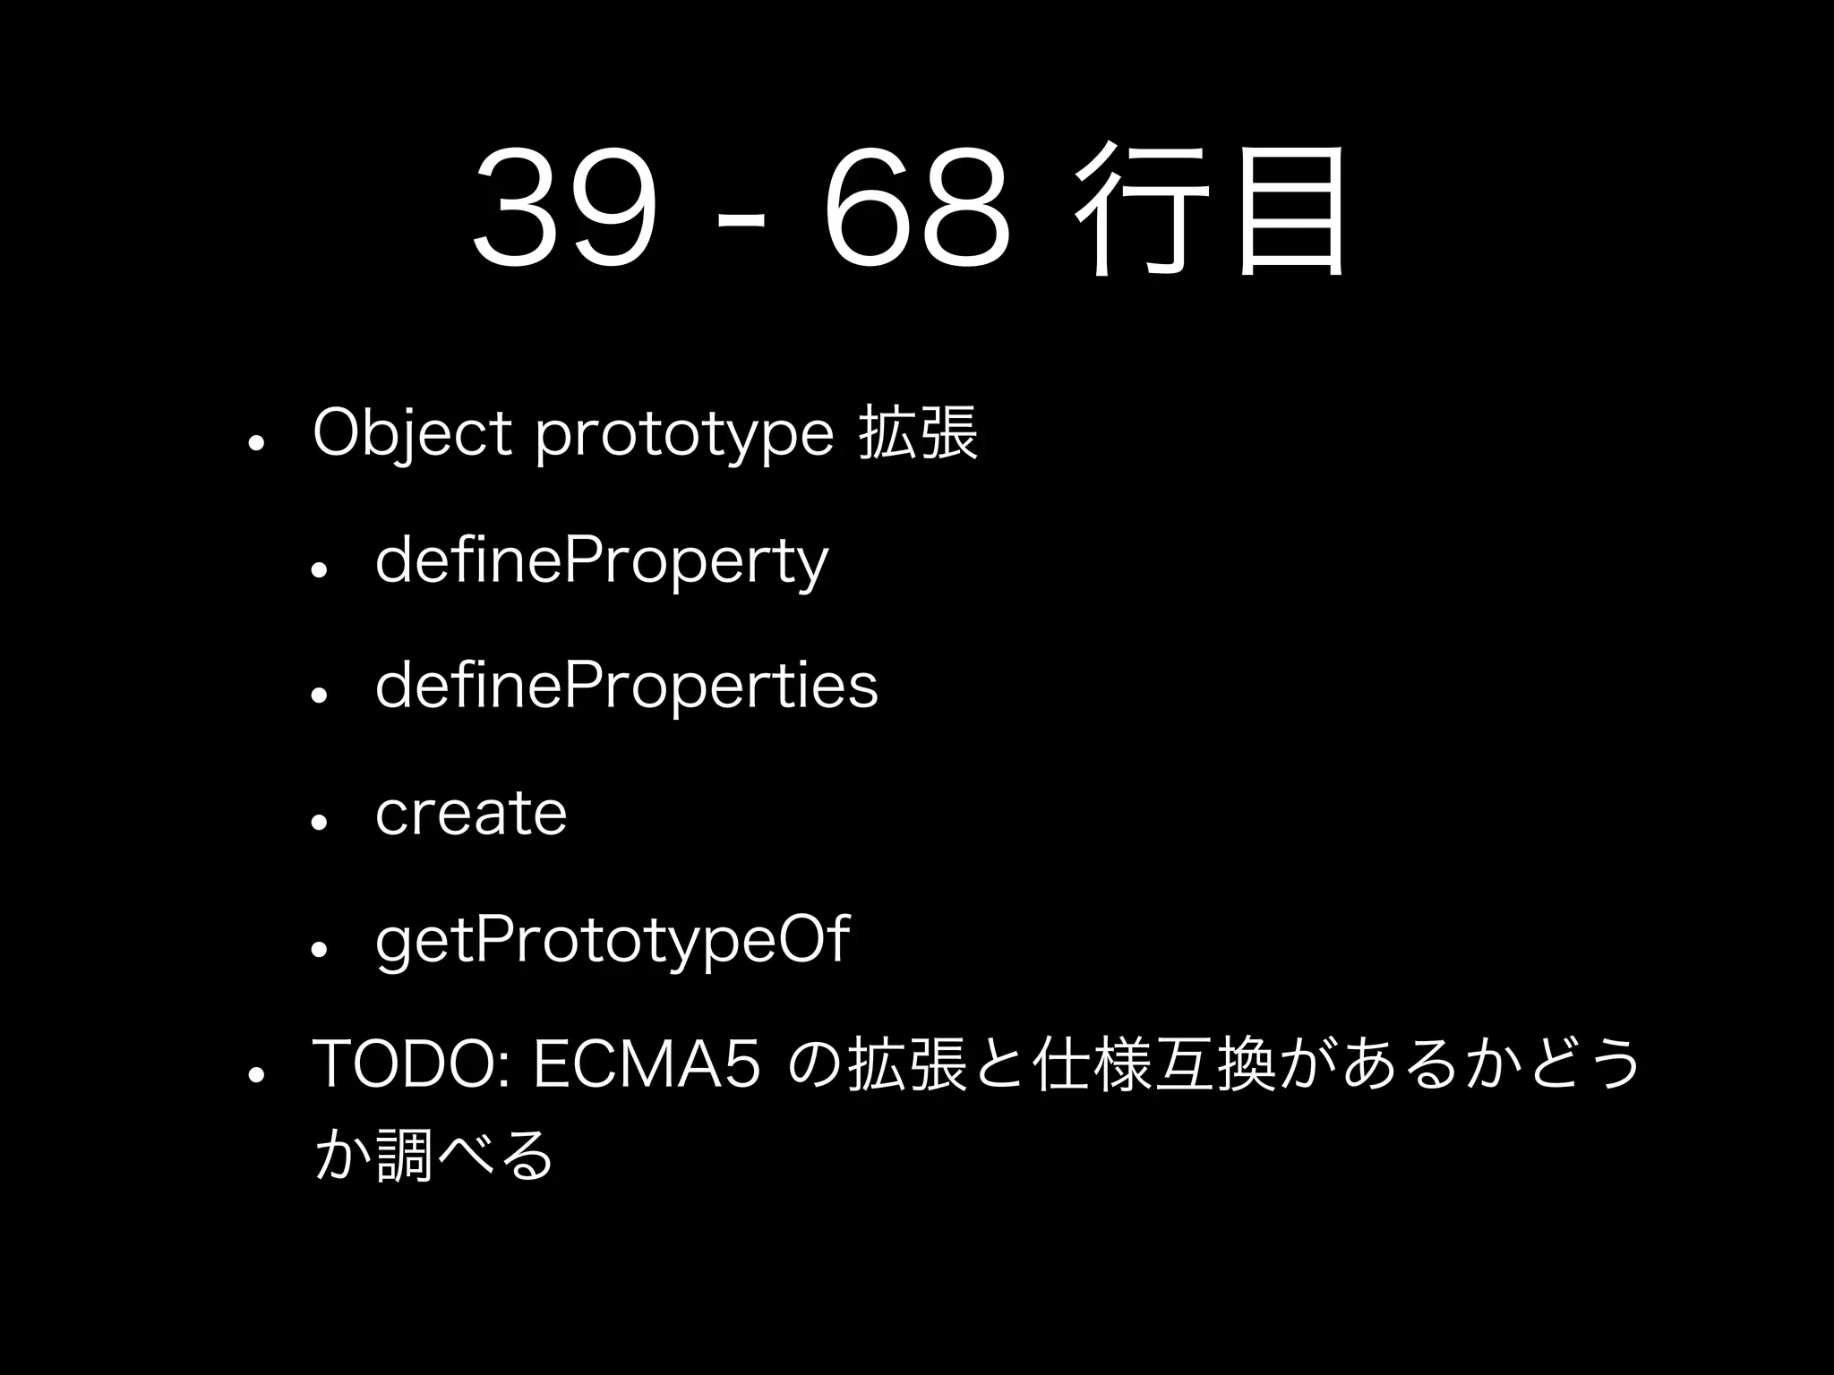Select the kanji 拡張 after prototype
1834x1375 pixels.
pyautogui.click(x=918, y=433)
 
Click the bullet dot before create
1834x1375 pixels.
pyautogui.click(x=319, y=822)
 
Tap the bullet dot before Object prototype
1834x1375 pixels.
pyautogui.click(x=256, y=443)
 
